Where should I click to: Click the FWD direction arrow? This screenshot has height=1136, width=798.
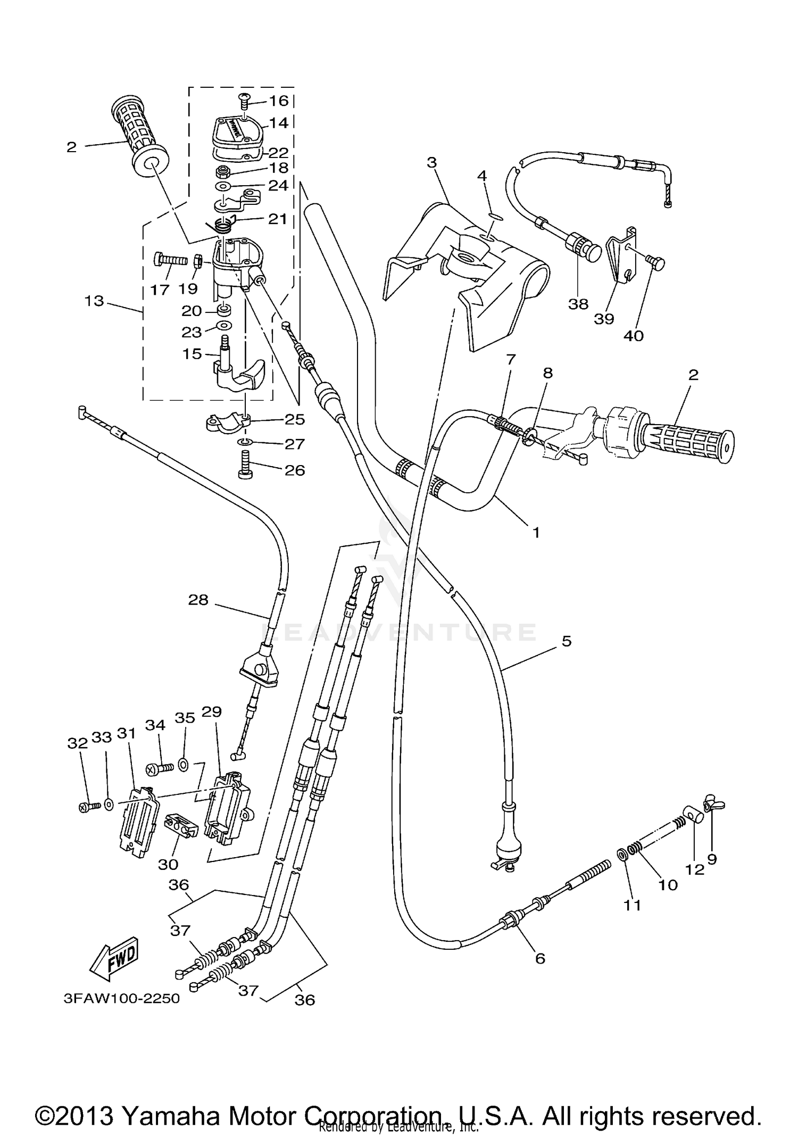(x=114, y=959)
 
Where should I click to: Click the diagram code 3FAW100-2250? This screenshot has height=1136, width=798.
(x=122, y=998)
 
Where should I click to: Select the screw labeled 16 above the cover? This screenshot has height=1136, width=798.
(x=244, y=97)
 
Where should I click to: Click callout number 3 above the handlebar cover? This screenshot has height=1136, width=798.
(x=431, y=162)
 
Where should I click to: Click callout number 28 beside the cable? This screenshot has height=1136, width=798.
(x=198, y=600)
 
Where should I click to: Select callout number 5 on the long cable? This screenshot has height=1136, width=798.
(x=566, y=641)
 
